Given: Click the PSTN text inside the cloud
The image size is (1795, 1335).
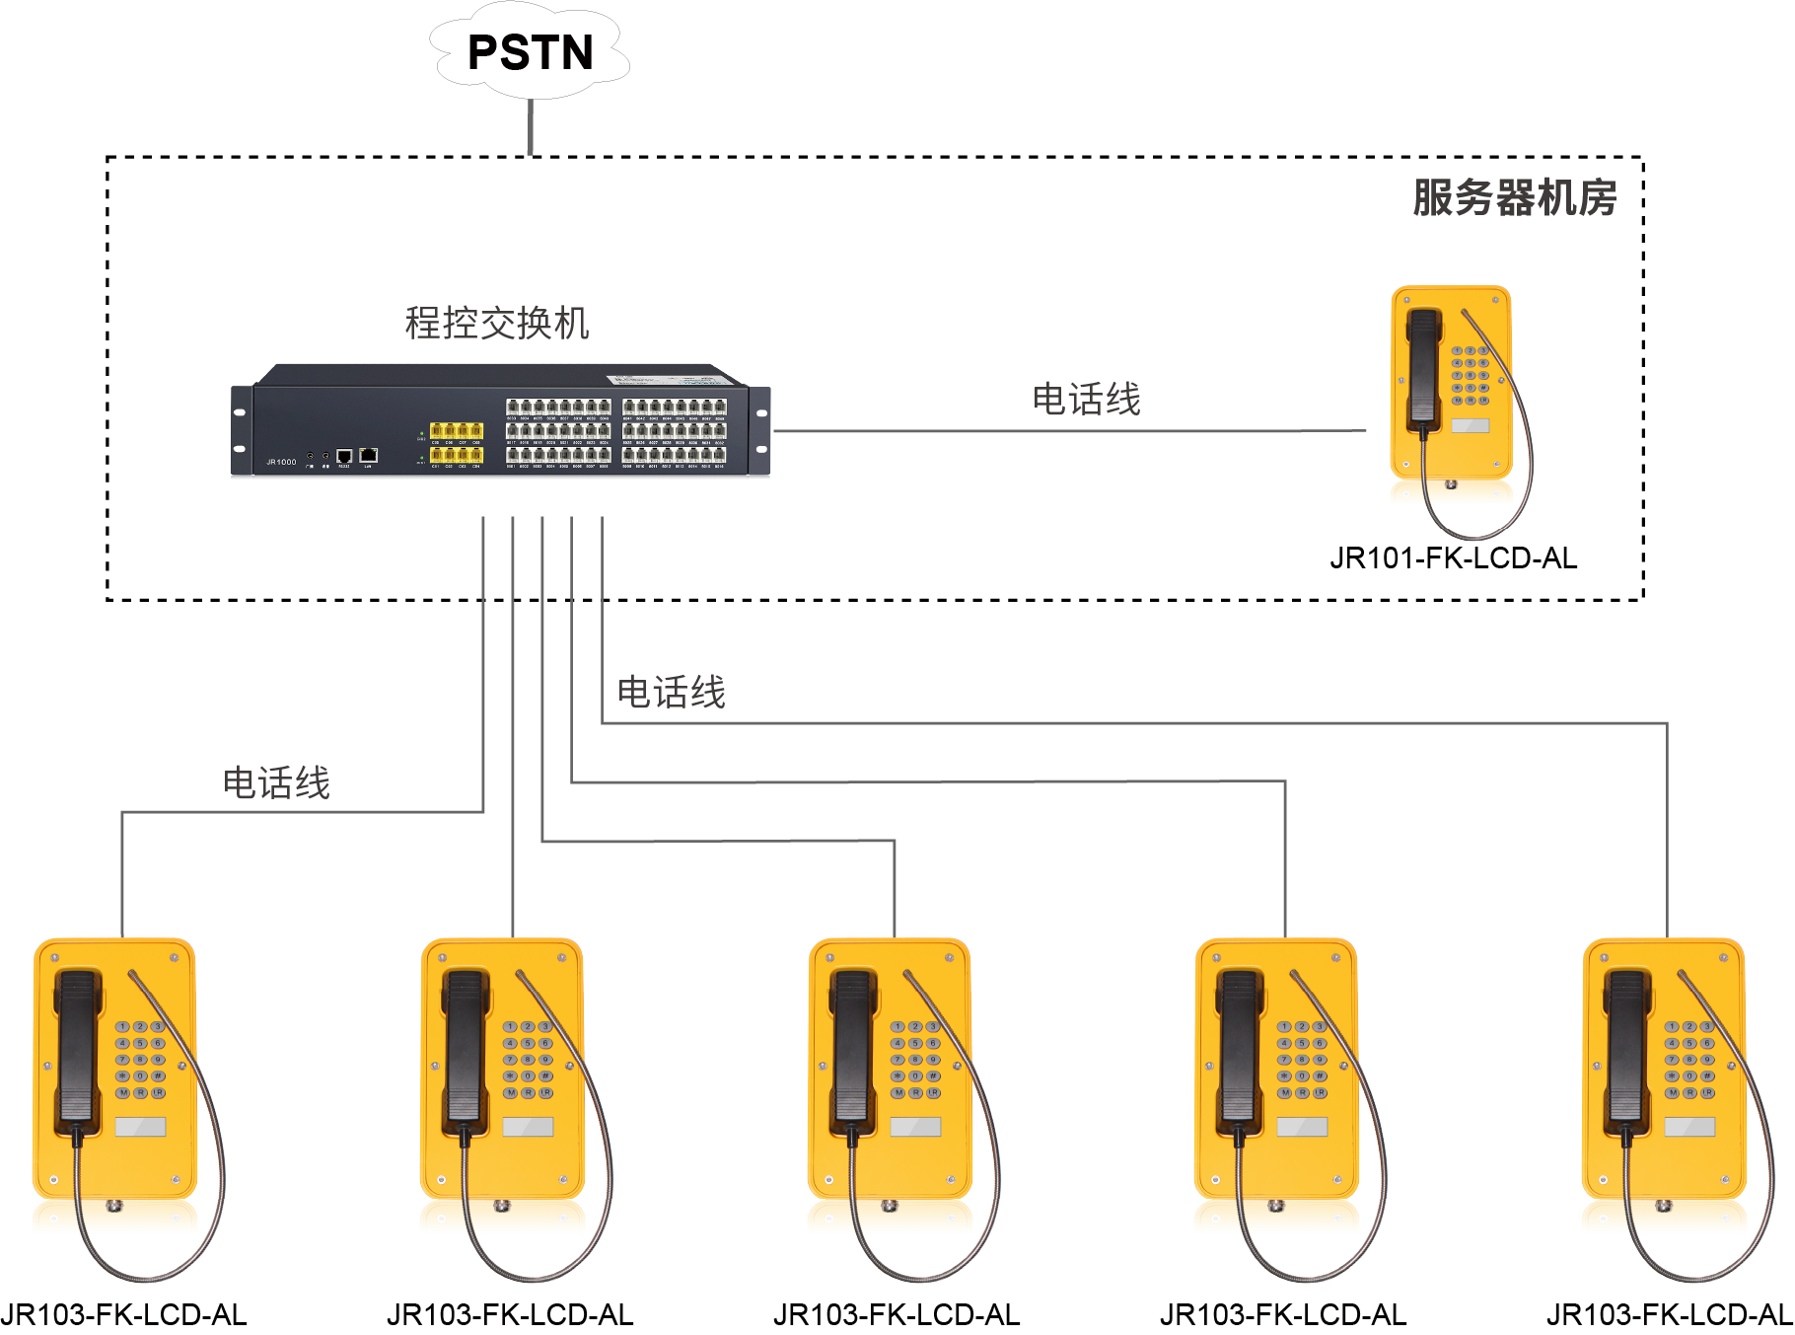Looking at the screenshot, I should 530,52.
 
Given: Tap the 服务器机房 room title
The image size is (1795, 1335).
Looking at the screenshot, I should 1514,197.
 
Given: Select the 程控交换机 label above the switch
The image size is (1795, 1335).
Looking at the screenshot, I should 497,323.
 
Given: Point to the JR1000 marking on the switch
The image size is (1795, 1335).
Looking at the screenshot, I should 281,462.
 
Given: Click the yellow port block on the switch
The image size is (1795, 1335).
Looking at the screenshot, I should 456,443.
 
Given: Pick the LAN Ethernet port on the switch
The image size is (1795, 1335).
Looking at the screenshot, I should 369,455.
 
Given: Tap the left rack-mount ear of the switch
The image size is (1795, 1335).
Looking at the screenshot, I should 241,430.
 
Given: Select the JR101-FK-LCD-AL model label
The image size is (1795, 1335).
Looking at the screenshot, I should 1453,558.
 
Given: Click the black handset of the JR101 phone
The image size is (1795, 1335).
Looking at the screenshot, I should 1423,365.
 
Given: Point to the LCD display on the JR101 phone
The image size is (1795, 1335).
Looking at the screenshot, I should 1471,425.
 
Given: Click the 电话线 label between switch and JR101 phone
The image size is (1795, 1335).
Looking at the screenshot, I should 1086,400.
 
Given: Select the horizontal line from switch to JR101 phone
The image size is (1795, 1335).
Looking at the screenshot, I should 1070,431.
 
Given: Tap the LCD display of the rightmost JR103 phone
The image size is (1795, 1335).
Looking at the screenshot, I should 1689,1127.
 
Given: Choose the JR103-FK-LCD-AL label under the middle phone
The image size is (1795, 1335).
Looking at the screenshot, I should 897,1315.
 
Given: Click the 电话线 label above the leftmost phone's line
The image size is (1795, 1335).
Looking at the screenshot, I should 276,782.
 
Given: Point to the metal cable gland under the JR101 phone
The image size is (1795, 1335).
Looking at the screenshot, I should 1451,484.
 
